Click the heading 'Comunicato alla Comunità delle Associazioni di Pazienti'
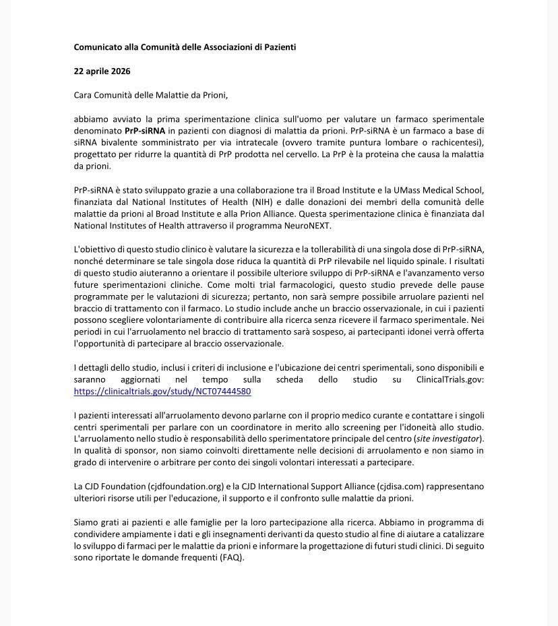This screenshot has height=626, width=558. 185,47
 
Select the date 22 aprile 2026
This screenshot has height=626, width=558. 102,71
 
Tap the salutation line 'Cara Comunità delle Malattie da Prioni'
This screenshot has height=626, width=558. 156,95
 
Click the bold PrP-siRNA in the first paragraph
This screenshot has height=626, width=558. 145,131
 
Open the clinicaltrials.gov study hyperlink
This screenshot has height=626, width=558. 162,392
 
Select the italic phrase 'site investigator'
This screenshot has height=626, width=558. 448,439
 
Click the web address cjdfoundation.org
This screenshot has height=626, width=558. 186,487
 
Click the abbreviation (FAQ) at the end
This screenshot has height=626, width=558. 231,558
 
